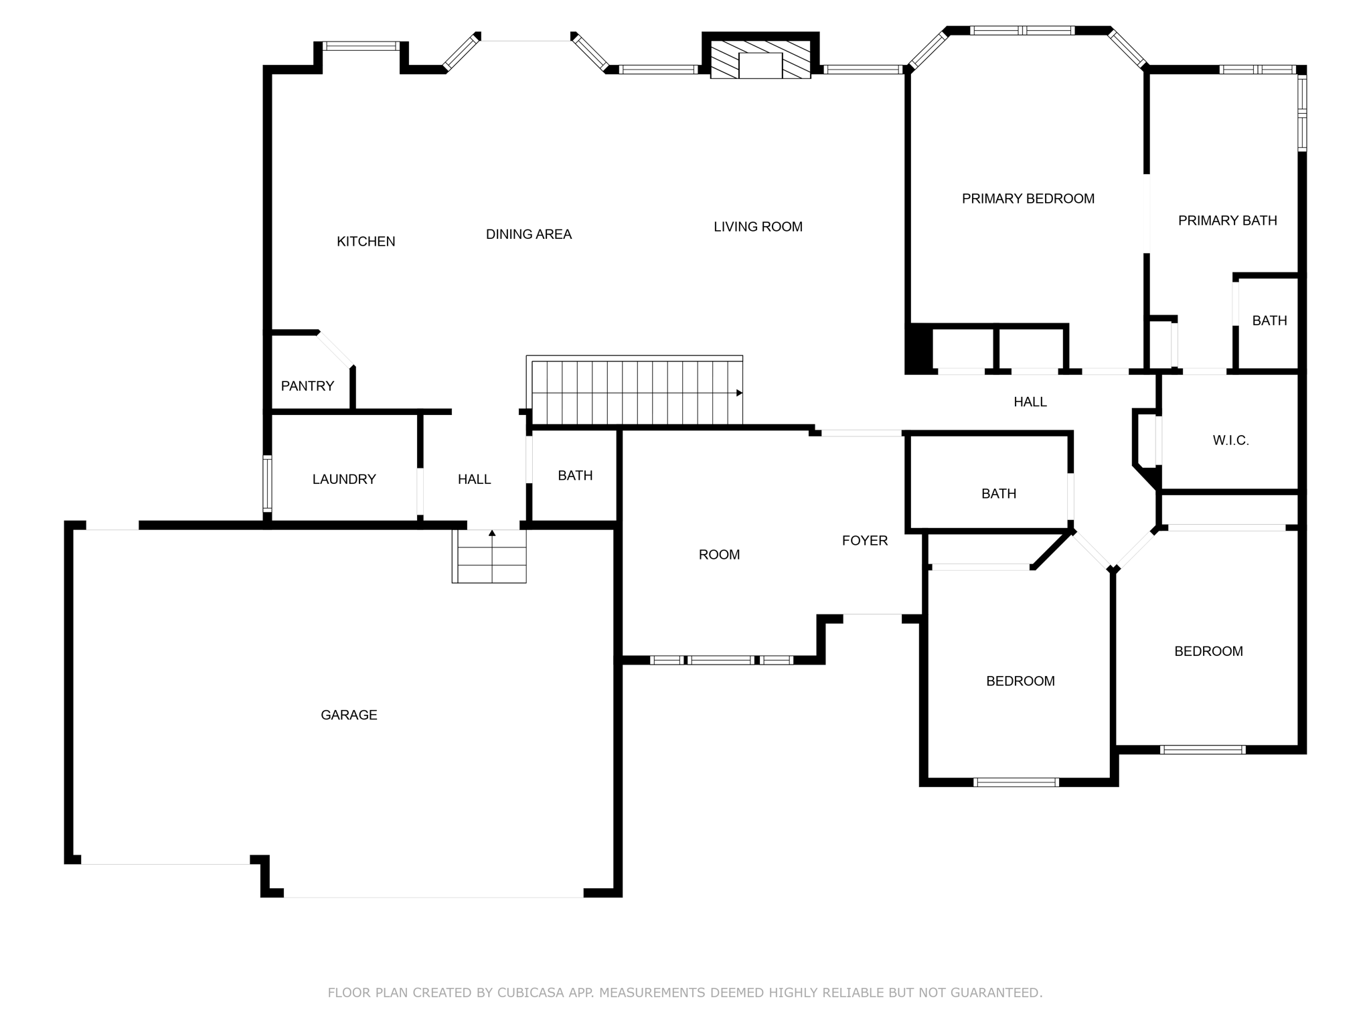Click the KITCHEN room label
pos(366,242)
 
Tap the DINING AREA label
pos(528,234)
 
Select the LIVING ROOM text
pos(758,227)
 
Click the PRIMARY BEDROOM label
pos(1028,199)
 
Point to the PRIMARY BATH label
pos(1227,221)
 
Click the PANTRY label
pos(307,386)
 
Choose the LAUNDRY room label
pos(344,479)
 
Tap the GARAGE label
pos(349,715)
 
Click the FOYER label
pos(864,541)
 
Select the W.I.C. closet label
pos(1230,440)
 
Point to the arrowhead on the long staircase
pos(739,393)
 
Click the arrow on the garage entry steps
pos(492,533)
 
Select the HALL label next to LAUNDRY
pos(474,479)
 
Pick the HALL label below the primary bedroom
pos(1030,402)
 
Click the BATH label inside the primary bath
pos(1269,321)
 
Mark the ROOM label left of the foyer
pos(719,555)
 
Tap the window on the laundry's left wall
pos(267,483)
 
